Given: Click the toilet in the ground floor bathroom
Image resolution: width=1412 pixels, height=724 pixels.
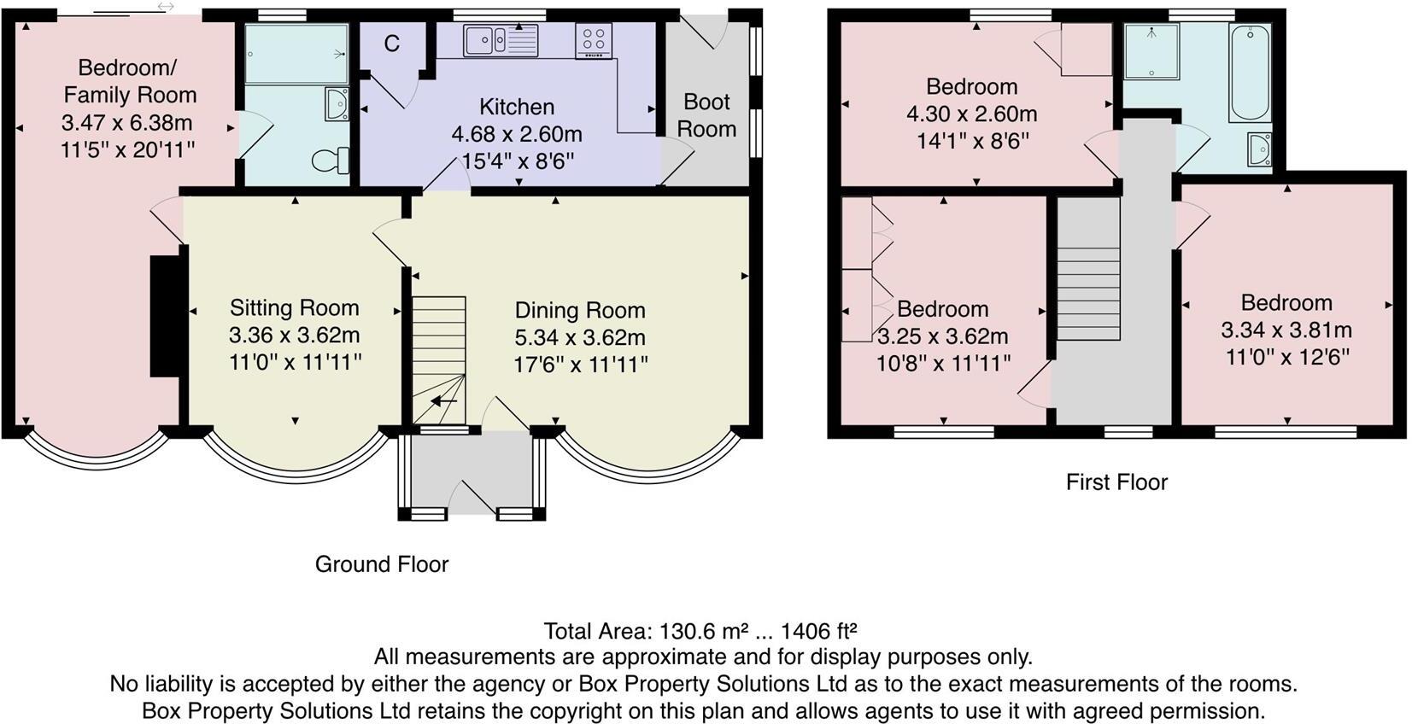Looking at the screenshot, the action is pyautogui.click(x=331, y=160).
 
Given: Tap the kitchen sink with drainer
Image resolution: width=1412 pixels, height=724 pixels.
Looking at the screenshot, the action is pyautogui.click(x=501, y=40).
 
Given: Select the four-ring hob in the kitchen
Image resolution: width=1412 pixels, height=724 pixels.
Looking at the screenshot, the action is pyautogui.click(x=593, y=40).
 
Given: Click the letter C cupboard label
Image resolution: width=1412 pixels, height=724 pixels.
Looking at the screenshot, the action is pyautogui.click(x=391, y=44).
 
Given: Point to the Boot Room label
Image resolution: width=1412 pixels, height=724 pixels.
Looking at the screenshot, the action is pyautogui.click(x=706, y=115).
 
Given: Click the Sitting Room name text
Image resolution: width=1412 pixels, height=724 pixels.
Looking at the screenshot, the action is pyautogui.click(x=295, y=307).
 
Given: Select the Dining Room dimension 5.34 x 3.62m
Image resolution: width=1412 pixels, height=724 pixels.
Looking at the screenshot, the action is pyautogui.click(x=580, y=337).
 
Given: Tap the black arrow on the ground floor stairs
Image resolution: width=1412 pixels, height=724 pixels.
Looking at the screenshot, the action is pyautogui.click(x=444, y=400).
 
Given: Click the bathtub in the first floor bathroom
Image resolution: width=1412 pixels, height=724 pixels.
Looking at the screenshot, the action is pyautogui.click(x=1249, y=73).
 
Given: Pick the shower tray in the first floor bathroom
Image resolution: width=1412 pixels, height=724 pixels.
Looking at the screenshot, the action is pyautogui.click(x=1151, y=51).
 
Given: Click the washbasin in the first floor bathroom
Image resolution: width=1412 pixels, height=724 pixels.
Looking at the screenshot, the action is pyautogui.click(x=1259, y=149).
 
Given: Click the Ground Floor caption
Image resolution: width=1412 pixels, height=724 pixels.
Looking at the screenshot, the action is pyautogui.click(x=382, y=564).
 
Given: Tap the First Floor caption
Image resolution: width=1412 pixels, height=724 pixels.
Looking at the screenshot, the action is pyautogui.click(x=1116, y=482).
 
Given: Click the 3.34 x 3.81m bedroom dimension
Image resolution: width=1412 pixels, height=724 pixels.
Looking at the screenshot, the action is pyautogui.click(x=1286, y=330).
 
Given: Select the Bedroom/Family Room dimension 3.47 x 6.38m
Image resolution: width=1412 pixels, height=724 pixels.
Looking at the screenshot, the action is pyautogui.click(x=126, y=122).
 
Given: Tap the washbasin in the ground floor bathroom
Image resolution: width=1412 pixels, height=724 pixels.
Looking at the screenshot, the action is pyautogui.click(x=337, y=104).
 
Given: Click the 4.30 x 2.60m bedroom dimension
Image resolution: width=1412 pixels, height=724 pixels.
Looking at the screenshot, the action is pyautogui.click(x=971, y=114).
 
